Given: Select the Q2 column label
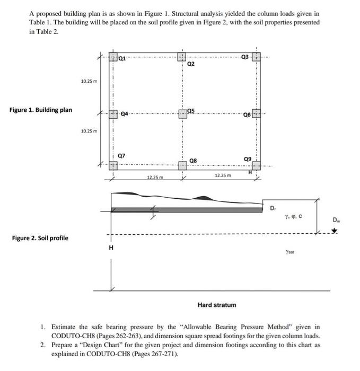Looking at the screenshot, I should click(x=191, y=64).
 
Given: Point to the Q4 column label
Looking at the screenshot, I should click(x=125, y=113).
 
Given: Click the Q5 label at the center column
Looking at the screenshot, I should click(x=191, y=110).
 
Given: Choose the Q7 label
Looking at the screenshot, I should click(x=121, y=155).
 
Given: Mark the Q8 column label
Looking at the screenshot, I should click(x=193, y=161).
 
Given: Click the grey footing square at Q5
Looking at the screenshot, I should click(x=182, y=113).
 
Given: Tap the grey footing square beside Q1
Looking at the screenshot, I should click(x=112, y=57).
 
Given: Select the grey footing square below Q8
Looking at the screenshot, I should click(x=182, y=166).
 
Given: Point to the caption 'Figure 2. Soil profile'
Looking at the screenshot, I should click(x=40, y=237).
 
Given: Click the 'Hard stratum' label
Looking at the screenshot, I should click(x=217, y=305).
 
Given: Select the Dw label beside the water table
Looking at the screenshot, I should click(x=335, y=219).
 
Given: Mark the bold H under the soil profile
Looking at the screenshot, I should click(x=111, y=248).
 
